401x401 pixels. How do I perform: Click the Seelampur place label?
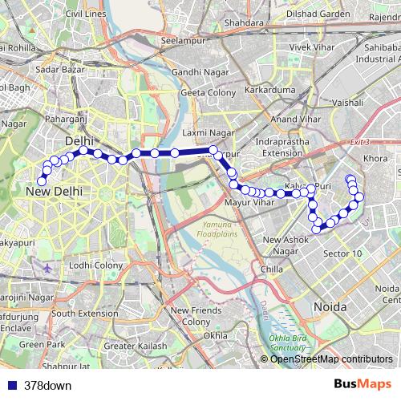coord(184,40)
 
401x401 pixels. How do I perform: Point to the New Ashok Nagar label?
coord(292,245)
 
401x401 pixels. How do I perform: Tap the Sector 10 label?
coord(342,253)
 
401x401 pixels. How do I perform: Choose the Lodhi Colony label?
coord(95,265)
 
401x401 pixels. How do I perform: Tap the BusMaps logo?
coord(368,385)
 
